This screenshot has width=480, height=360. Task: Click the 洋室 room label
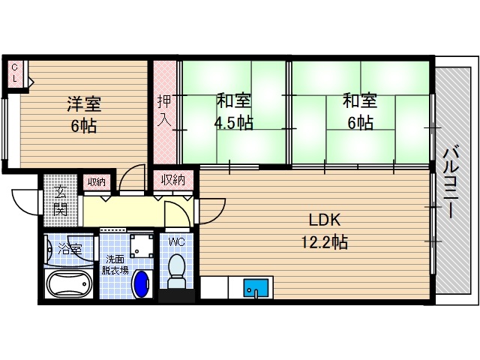84,104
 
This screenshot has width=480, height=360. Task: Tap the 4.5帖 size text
234,123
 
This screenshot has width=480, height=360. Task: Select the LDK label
325,220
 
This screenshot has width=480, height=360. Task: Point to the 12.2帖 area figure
325,242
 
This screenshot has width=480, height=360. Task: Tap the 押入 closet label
164,111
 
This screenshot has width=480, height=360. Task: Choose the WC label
177,241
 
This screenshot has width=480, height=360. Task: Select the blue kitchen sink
255,287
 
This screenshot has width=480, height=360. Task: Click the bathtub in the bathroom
68,286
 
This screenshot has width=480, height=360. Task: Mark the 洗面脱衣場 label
115,265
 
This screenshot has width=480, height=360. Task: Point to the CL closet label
14,73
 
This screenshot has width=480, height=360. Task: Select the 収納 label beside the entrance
96,181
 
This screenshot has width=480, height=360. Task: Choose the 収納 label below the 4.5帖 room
173,180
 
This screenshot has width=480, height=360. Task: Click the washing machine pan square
140,245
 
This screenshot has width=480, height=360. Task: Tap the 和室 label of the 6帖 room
359,100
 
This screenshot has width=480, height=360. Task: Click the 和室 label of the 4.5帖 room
234,100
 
